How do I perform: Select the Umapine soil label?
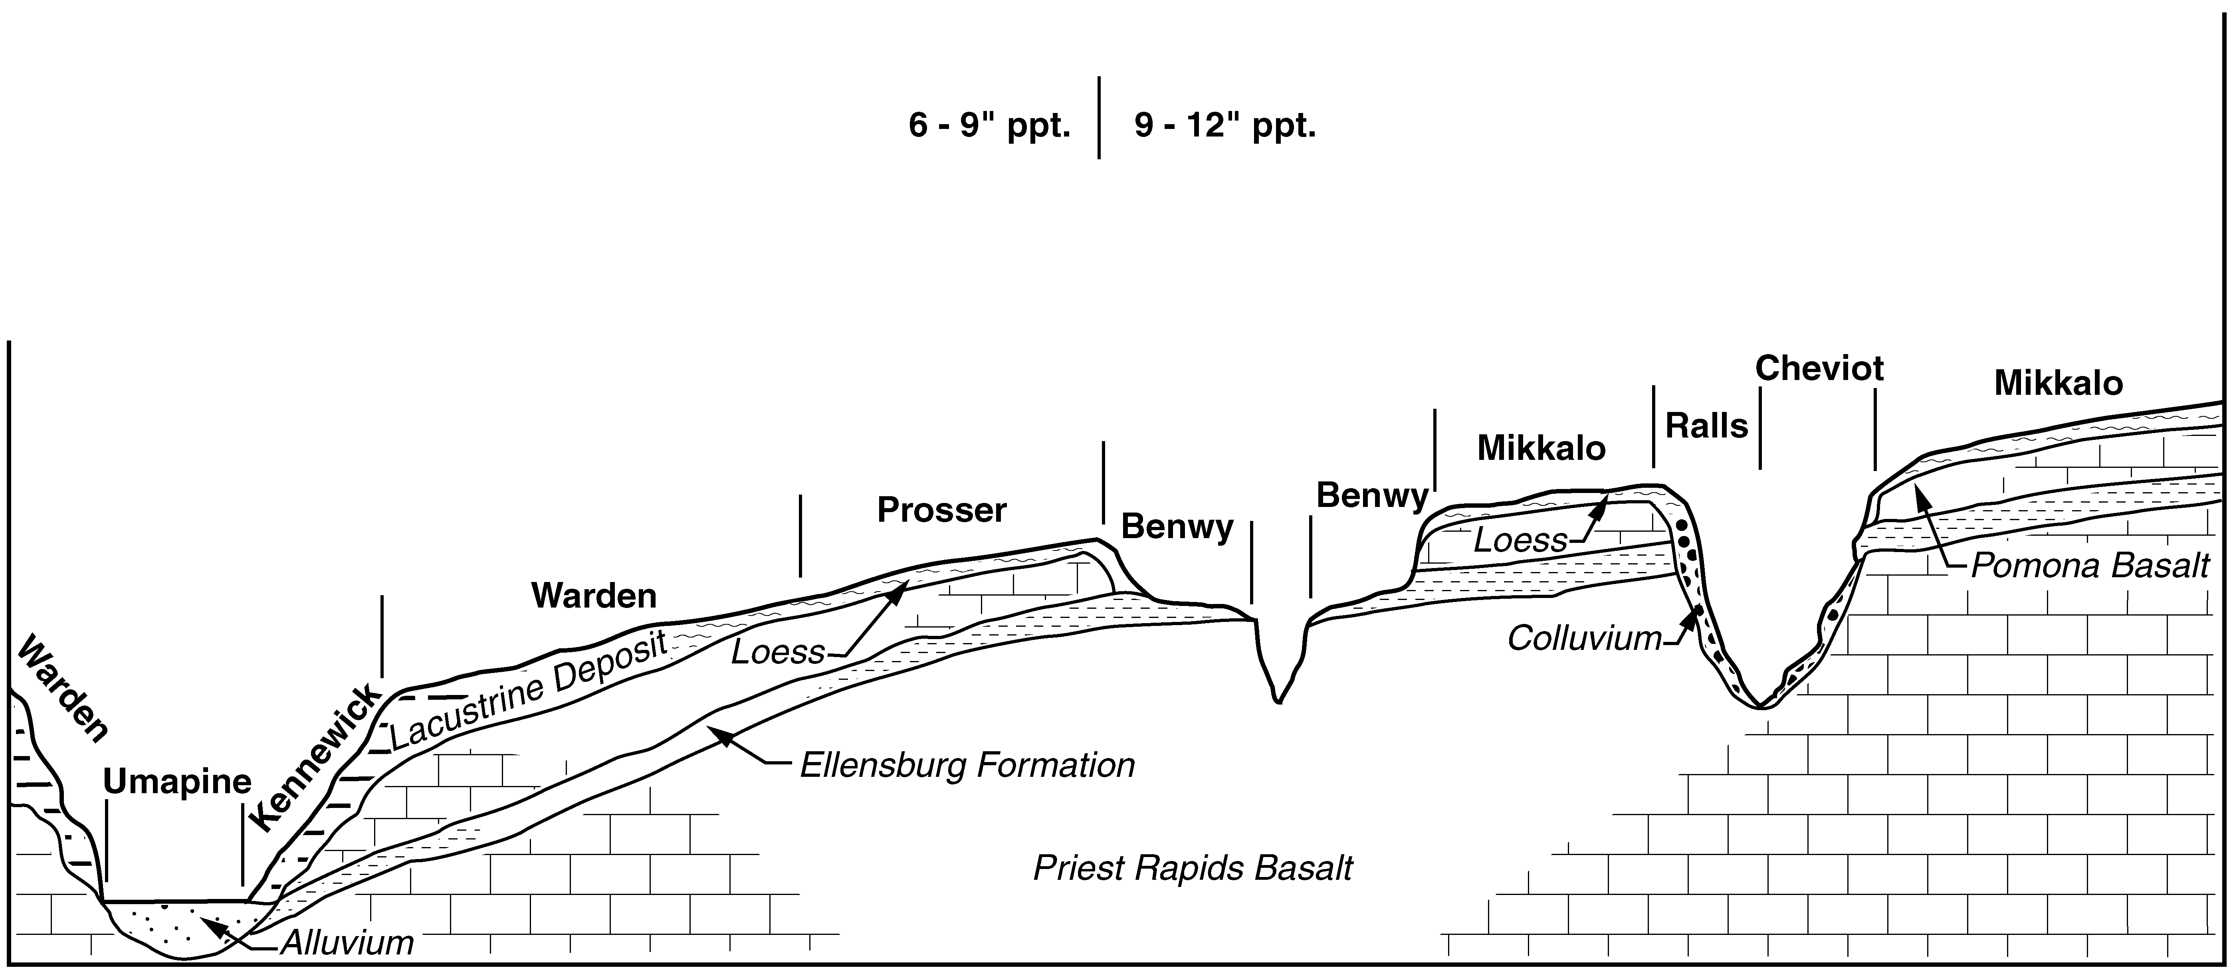177,782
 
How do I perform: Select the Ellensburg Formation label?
967,765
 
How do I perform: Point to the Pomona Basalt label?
2090,566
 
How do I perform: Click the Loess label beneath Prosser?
778,651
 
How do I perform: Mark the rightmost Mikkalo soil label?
2059,383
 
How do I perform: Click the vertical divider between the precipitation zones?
1099,117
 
